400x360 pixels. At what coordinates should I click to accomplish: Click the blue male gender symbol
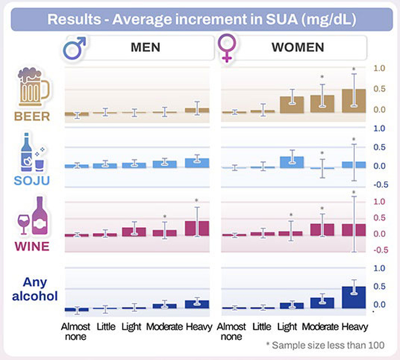74,48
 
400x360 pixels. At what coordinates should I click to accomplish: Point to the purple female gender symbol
227,48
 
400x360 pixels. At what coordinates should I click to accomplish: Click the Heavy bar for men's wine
197,228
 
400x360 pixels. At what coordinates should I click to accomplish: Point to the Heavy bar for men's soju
197,163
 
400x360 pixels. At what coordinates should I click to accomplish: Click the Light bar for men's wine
134,232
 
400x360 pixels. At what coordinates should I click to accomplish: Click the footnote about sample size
325,346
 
